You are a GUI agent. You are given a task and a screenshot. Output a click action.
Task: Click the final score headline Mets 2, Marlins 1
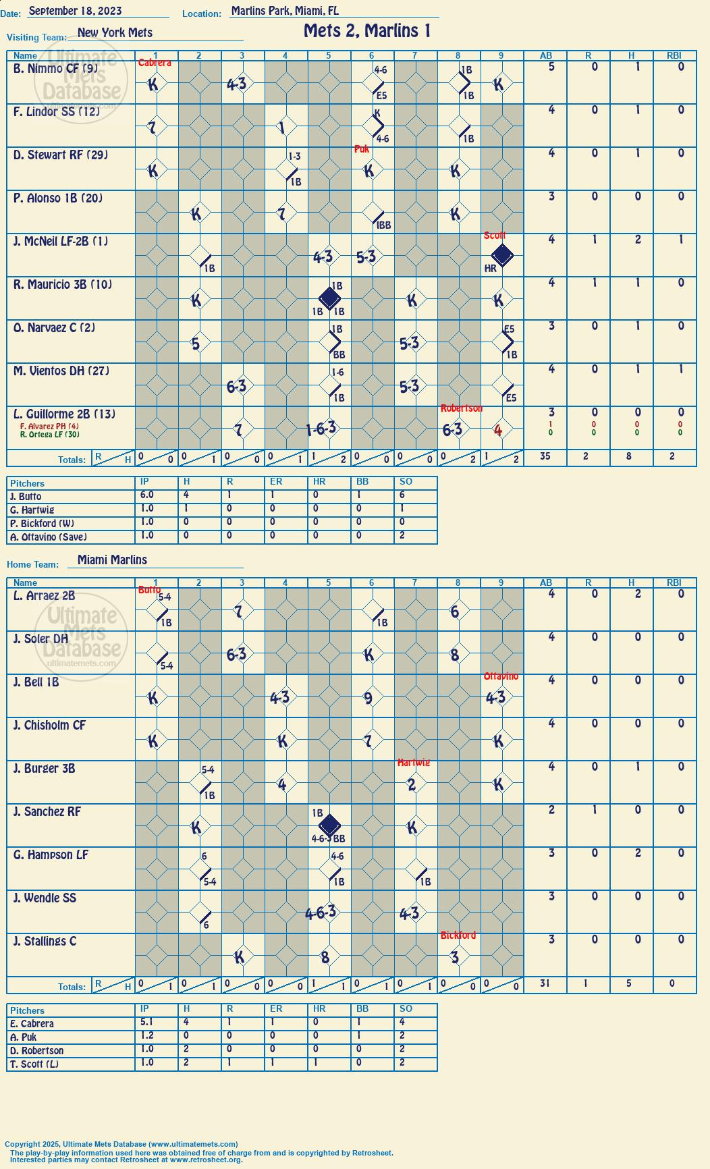click(x=367, y=31)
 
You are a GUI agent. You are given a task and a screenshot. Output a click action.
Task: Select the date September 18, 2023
click(x=76, y=11)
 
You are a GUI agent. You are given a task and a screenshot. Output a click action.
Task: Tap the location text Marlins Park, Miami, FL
click(x=285, y=11)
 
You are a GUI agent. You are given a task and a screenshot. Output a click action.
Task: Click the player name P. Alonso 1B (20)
click(x=58, y=198)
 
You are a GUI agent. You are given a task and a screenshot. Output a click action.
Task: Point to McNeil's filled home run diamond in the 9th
click(x=502, y=256)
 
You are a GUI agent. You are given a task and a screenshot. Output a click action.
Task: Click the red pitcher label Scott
click(x=495, y=236)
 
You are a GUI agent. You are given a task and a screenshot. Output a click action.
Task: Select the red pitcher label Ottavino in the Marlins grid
click(x=501, y=676)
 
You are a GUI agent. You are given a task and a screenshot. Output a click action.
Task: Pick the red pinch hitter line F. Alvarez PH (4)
click(x=49, y=427)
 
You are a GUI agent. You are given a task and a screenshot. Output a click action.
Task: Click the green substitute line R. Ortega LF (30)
click(x=50, y=435)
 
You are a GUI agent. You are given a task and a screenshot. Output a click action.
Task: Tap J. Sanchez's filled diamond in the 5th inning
click(x=329, y=825)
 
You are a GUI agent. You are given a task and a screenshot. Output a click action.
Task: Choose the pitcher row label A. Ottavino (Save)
click(x=49, y=537)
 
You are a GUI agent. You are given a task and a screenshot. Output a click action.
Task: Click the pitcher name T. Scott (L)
click(x=34, y=1064)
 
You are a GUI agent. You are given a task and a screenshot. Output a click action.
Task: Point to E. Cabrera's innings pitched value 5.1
click(x=146, y=1023)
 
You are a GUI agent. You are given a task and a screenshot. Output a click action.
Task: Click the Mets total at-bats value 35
click(x=545, y=456)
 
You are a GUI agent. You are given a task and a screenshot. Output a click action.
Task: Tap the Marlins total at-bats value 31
click(x=545, y=983)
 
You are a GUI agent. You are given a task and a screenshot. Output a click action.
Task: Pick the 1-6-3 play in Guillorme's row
click(x=321, y=429)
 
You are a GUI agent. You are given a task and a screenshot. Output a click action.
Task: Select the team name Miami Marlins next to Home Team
click(x=112, y=560)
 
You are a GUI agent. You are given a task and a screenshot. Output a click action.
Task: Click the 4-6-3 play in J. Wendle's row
click(x=321, y=913)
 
